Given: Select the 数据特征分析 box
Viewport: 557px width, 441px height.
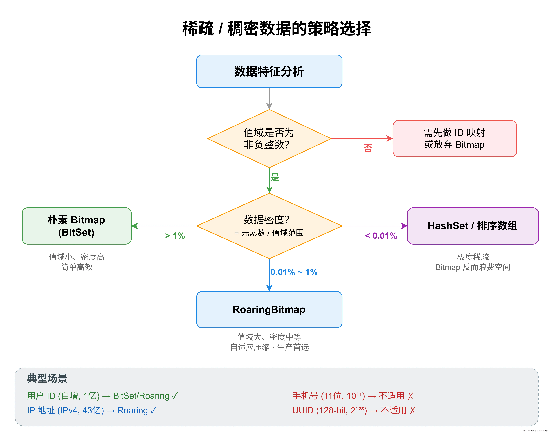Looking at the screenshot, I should (269, 71).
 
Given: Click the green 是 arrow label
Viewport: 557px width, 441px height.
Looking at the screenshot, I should (275, 177).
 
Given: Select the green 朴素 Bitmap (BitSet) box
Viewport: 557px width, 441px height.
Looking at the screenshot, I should (77, 226).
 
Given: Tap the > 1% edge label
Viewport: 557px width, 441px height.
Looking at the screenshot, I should (175, 236).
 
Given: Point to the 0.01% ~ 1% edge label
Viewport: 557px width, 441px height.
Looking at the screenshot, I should (294, 272).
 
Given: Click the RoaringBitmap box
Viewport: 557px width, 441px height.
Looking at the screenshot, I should (269, 310).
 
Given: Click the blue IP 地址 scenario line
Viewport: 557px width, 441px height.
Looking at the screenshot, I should (92, 410).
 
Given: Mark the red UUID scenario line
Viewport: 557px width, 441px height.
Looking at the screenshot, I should (353, 410).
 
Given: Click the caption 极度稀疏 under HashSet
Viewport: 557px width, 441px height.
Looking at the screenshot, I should (473, 257).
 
